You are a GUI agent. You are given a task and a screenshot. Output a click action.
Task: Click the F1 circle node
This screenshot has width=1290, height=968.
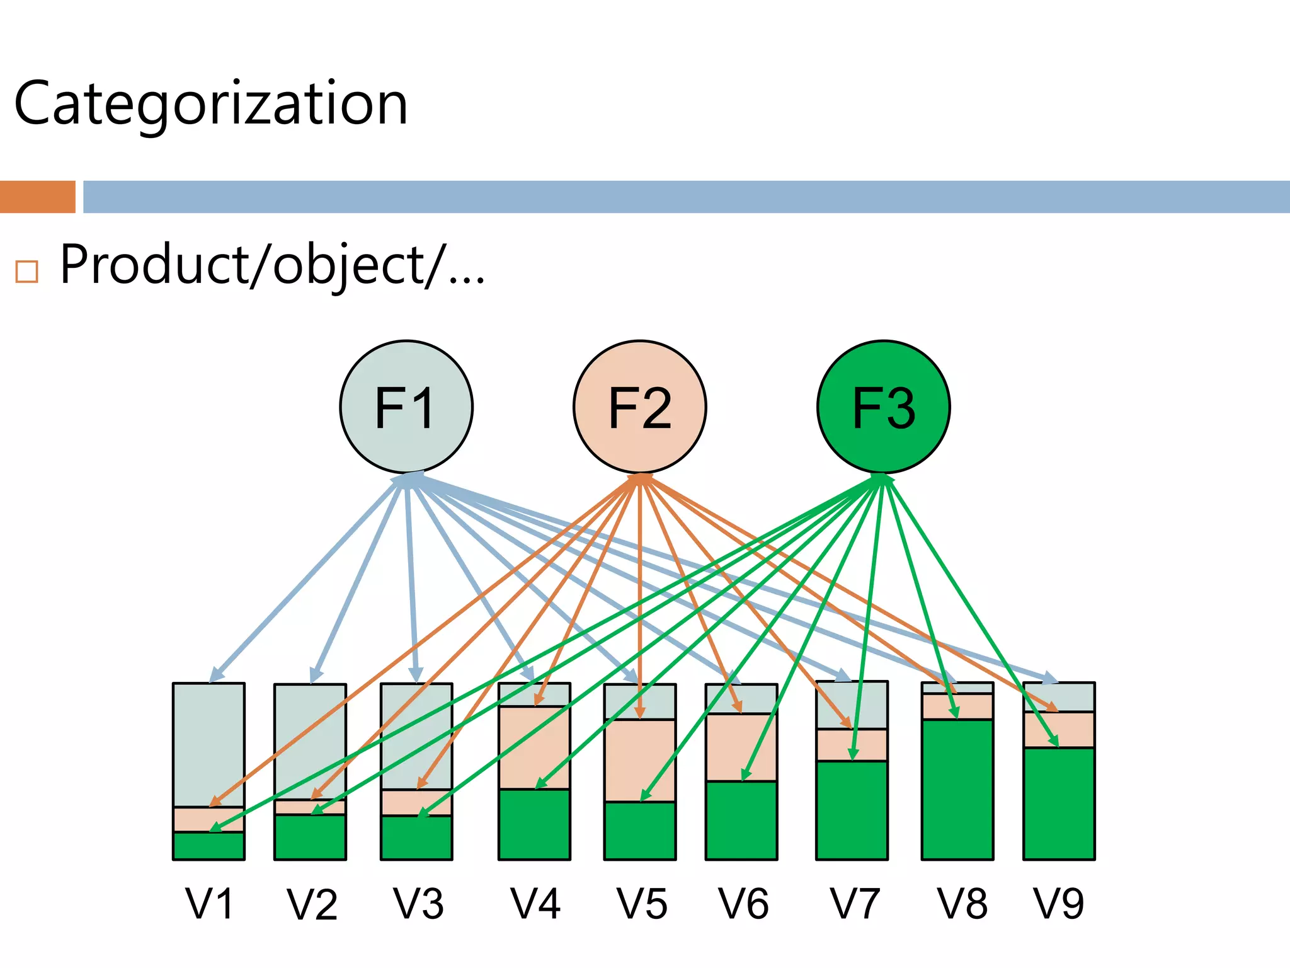pyautogui.click(x=406, y=406)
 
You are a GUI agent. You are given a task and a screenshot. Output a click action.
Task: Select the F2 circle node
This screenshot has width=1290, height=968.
pyautogui.click(x=639, y=406)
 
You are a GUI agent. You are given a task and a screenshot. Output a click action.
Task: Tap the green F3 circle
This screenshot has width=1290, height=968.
pyautogui.click(x=883, y=406)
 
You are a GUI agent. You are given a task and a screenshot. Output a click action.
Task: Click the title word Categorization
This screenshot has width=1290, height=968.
pyautogui.click(x=211, y=104)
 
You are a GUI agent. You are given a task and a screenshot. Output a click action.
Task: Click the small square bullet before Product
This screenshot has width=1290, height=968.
pyautogui.click(x=27, y=272)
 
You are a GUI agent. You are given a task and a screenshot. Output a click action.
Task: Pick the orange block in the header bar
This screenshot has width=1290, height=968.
pyautogui.click(x=37, y=197)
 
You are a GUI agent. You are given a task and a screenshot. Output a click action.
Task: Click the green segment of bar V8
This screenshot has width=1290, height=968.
pyautogui.click(x=957, y=794)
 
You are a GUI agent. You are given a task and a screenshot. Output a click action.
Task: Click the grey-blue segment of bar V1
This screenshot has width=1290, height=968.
pyautogui.click(x=208, y=737)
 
